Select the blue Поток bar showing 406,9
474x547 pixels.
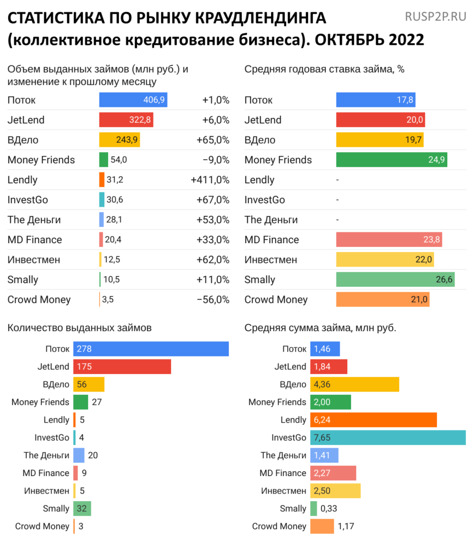point(133,100)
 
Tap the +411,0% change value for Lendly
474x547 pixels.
point(210,180)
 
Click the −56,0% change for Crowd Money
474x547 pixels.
point(213,300)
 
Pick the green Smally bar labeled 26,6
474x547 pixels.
point(395,279)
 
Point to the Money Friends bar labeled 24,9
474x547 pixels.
point(391,160)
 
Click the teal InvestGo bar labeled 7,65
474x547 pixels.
point(388,437)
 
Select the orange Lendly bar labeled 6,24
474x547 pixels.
point(373,420)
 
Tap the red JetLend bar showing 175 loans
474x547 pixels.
point(122,366)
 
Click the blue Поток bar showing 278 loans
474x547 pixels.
point(151,349)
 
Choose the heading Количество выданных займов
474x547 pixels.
point(79,327)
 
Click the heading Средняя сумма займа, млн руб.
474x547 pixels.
point(320,327)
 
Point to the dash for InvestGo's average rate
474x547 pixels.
point(338,200)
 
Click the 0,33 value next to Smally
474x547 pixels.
point(329,509)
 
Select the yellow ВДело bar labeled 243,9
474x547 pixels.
point(119,140)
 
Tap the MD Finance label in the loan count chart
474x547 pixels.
point(45,473)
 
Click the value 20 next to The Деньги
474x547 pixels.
point(93,455)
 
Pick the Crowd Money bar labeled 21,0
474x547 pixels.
point(382,300)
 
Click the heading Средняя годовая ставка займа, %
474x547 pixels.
point(324,69)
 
